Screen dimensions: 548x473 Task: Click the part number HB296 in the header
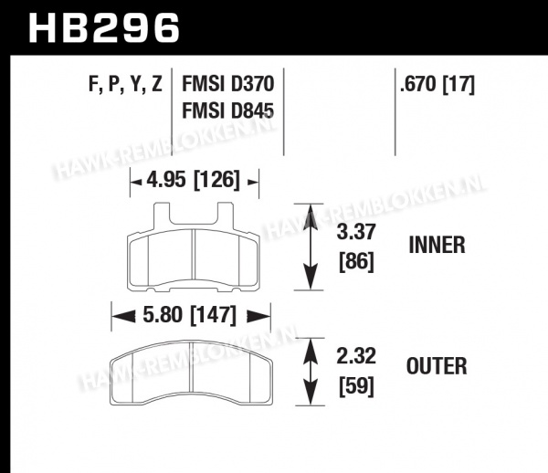click(x=104, y=28)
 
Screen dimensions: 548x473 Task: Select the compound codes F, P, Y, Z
click(x=125, y=84)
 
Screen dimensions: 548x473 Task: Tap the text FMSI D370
click(x=227, y=84)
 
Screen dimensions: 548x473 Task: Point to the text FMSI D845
click(x=227, y=111)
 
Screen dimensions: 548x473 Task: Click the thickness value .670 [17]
click(x=437, y=84)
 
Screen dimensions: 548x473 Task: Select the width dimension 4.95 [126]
click(x=194, y=180)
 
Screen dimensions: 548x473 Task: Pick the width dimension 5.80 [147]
click(x=190, y=315)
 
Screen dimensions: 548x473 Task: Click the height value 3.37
click(x=356, y=232)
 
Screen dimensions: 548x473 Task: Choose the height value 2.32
click(x=356, y=356)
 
